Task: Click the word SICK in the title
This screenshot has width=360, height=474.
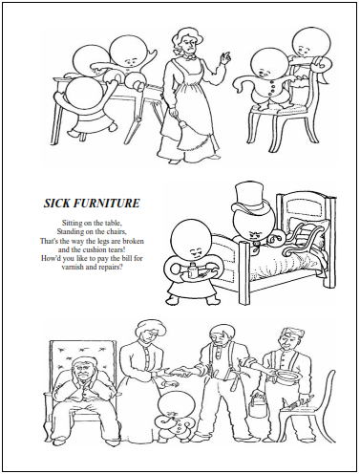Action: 57,203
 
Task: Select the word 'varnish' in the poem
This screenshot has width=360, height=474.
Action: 72,267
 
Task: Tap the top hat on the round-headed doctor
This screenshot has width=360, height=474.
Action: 249,198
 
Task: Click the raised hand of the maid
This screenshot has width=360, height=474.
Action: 226,56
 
